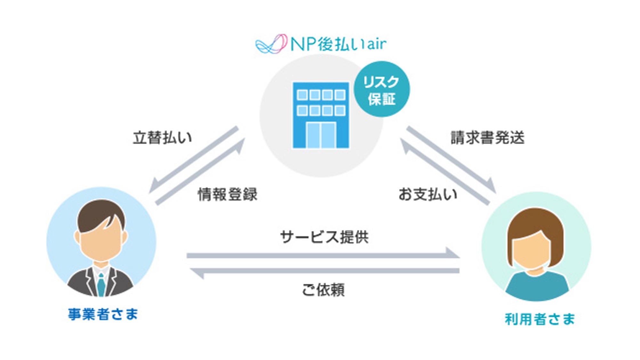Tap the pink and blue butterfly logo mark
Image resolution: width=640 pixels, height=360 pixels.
[x=271, y=44]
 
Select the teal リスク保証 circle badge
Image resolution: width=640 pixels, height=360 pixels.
[x=382, y=89]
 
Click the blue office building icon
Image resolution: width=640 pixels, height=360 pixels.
[x=321, y=115]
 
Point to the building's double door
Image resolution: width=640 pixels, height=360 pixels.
[x=321, y=135]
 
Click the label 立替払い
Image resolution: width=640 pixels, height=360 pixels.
[x=162, y=138]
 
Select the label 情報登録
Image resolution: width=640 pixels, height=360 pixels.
[x=227, y=194]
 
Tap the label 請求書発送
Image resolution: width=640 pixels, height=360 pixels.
[x=487, y=138]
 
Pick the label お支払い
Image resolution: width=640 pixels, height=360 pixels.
[x=428, y=194]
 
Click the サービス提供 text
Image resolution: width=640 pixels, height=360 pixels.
[x=324, y=237]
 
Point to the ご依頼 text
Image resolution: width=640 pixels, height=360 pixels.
[x=323, y=290]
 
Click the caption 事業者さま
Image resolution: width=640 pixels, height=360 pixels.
[x=103, y=314]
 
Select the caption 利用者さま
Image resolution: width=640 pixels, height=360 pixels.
[x=540, y=319]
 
